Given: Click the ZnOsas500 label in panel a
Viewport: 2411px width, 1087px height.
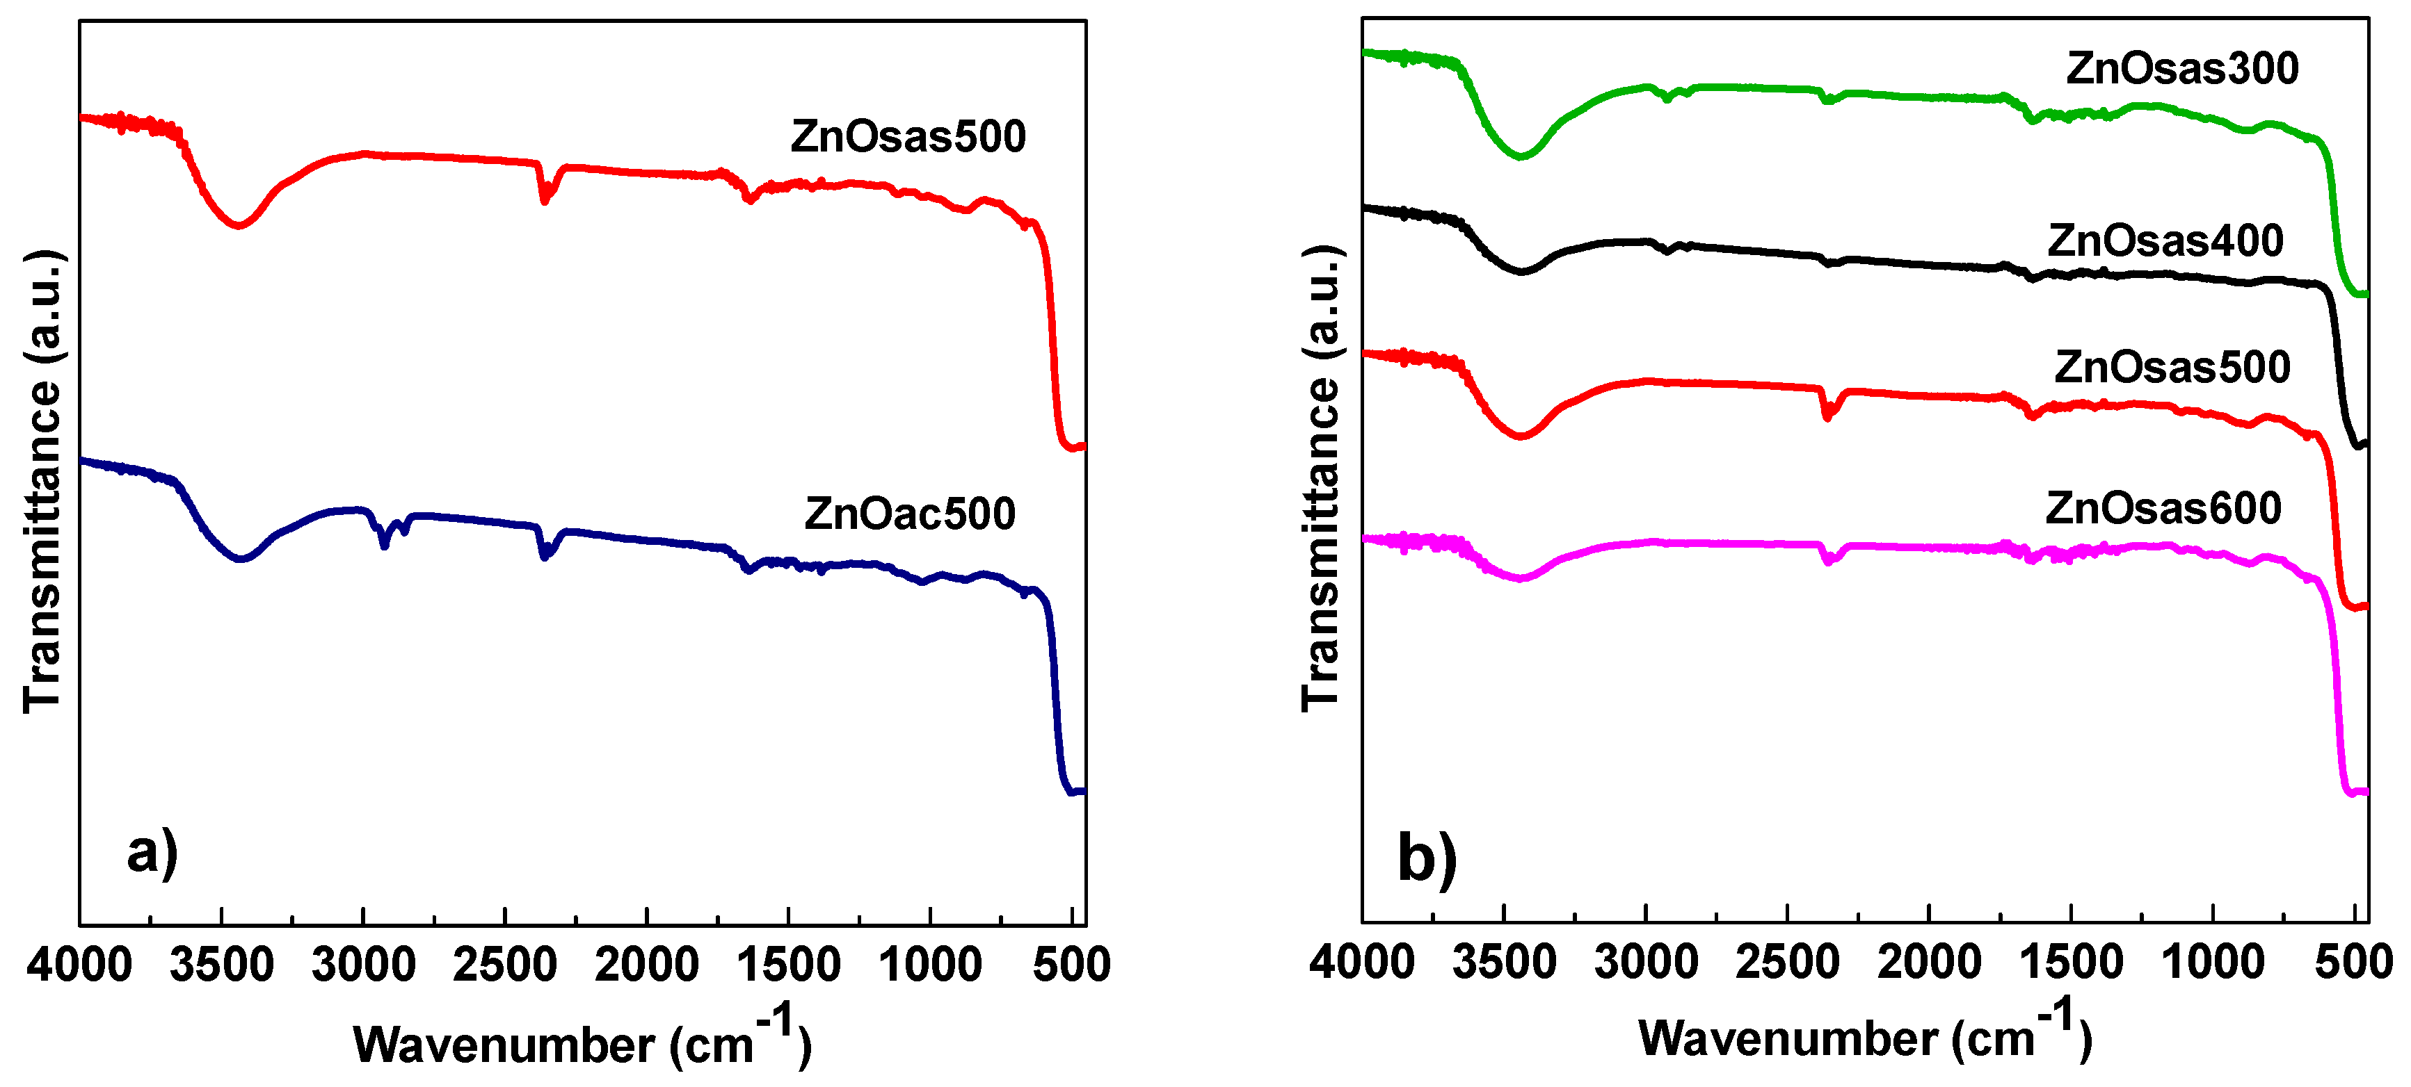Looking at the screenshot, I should pyautogui.click(x=908, y=137).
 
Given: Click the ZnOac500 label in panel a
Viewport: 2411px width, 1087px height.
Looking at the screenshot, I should pyautogui.click(x=910, y=514).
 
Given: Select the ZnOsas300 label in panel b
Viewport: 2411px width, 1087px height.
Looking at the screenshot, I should pyautogui.click(x=2181, y=68).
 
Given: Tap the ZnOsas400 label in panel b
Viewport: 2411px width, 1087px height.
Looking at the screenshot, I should pyautogui.click(x=2165, y=241).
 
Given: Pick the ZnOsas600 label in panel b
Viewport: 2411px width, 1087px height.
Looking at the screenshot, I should pyautogui.click(x=2163, y=508).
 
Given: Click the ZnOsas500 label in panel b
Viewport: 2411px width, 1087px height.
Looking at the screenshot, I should pyautogui.click(x=2172, y=367).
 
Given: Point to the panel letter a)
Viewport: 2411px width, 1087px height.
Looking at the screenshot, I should pyautogui.click(x=152, y=853).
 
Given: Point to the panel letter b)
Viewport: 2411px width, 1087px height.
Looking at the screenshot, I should pyautogui.click(x=1427, y=857).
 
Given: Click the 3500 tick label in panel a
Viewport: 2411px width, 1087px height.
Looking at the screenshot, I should pyautogui.click(x=222, y=965).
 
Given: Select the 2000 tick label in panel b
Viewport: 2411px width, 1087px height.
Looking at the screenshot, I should pyautogui.click(x=1929, y=963).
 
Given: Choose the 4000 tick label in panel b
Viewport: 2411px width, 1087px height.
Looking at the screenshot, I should pyautogui.click(x=1362, y=963).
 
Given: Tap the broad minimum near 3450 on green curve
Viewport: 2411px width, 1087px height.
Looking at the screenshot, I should pyautogui.click(x=1521, y=155).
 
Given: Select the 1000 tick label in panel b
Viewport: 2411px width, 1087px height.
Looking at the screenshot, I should pyautogui.click(x=2213, y=963).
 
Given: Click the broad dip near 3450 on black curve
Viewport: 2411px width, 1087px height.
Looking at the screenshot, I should pyautogui.click(x=1521, y=271).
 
